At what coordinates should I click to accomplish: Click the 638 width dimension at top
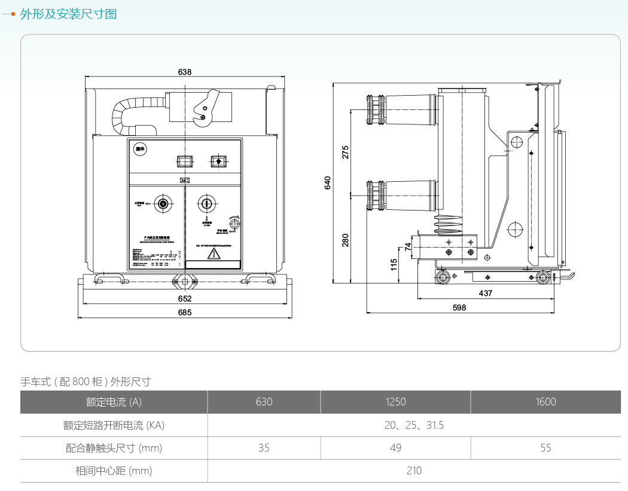coord(185,72)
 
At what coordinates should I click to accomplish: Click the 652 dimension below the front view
coord(185,298)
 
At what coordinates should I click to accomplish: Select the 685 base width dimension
coord(185,312)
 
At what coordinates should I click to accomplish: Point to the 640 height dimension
coord(328,182)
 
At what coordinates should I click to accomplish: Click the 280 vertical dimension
coord(346,240)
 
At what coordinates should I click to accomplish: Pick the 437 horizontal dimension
coord(486,294)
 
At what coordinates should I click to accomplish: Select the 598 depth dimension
coord(459,307)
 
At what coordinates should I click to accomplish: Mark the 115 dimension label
coord(394,264)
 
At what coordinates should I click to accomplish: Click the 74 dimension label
coord(408,245)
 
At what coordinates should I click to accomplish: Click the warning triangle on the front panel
coord(213,254)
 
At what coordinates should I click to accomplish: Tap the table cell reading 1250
coord(395,402)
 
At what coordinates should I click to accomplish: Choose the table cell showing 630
coord(264,402)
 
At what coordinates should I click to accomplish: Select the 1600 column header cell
coord(545,402)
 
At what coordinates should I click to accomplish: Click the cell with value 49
coord(395,448)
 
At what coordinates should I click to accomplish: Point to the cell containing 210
coord(414,471)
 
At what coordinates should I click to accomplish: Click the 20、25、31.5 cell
coord(414,425)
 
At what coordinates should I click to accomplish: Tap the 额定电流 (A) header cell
coord(114,402)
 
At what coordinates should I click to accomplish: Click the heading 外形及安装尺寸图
coord(68,14)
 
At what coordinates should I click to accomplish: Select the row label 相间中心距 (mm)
coord(114,471)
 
